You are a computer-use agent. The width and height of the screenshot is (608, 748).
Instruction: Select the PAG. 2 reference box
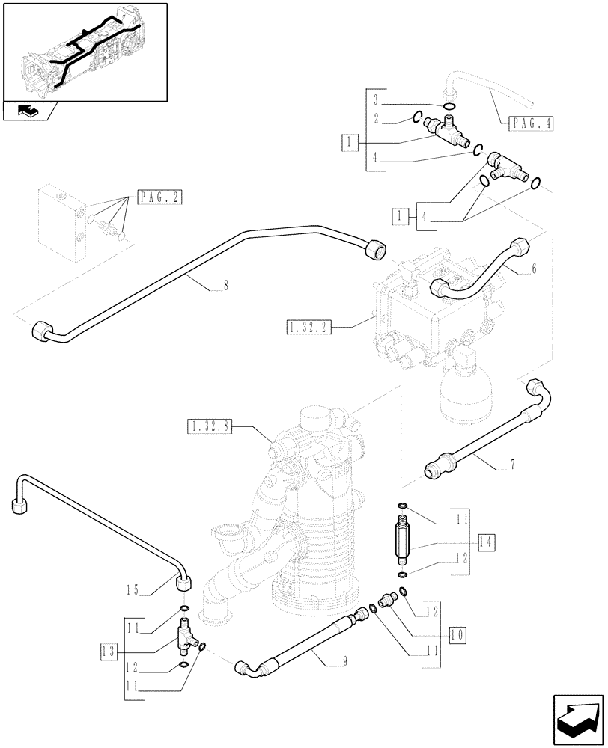click(160, 197)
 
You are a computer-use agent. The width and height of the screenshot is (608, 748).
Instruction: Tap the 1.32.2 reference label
click(308, 327)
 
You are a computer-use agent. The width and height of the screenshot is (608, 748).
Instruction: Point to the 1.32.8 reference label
click(209, 427)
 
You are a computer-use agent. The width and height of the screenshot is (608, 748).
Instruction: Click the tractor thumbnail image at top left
click(84, 52)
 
